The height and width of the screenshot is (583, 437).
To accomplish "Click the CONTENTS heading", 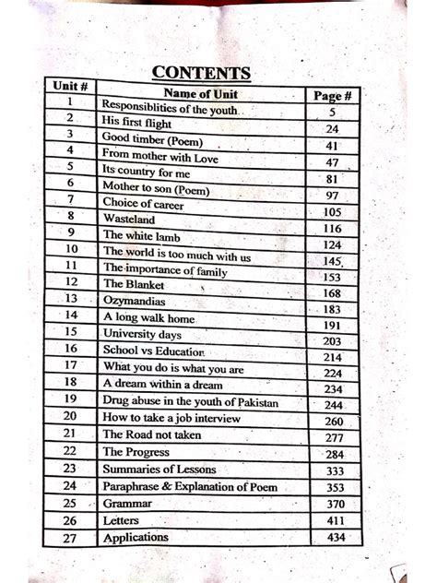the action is [x=200, y=72].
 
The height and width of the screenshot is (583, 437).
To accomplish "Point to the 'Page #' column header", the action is [x=332, y=95].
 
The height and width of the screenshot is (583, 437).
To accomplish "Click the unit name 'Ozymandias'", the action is [x=134, y=301].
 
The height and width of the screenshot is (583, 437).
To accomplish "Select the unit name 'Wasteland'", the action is [x=129, y=220].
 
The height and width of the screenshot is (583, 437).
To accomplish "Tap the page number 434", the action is [x=335, y=537].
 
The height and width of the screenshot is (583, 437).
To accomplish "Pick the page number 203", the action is [x=333, y=340].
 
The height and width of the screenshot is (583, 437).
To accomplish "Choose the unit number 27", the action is [x=69, y=537].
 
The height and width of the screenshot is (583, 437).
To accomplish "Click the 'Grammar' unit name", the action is [x=127, y=504].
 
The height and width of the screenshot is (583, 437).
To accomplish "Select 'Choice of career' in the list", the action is [x=143, y=202].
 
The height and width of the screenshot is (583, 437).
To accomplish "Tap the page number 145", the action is [x=333, y=261].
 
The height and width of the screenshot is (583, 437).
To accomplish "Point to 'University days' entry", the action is [x=141, y=333].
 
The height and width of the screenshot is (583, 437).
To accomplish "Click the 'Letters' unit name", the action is [x=123, y=520].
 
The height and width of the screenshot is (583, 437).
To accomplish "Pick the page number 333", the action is [x=334, y=470].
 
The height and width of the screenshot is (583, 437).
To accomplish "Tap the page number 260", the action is [x=334, y=421].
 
